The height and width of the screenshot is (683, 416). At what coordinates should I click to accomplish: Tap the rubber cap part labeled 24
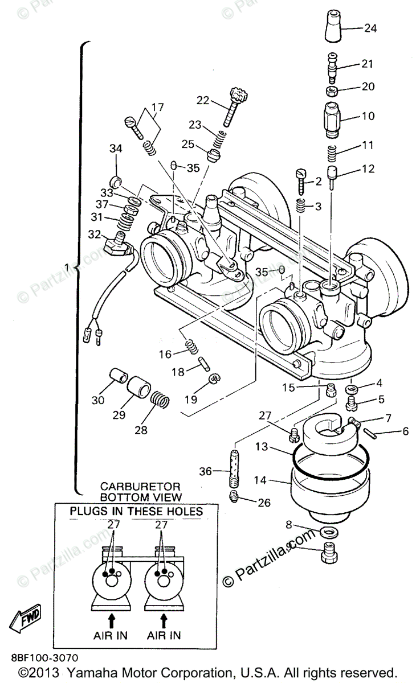coord(334,26)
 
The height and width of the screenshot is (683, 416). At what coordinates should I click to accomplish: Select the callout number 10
coord(368,116)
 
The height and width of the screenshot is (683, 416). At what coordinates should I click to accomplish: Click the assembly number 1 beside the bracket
coord(67,266)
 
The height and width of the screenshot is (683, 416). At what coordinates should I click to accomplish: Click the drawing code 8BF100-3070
coord(51,658)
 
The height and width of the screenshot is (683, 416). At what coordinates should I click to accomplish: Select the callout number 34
coord(116,150)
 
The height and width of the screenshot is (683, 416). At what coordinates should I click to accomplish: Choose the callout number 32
coord(95,233)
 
